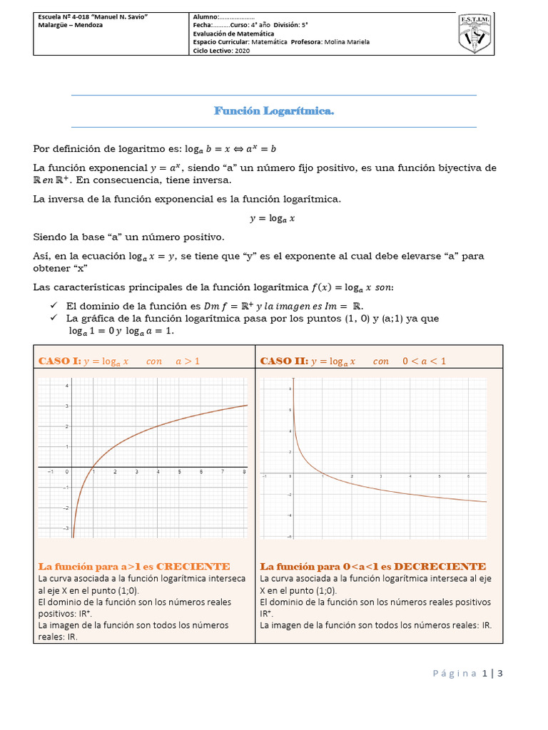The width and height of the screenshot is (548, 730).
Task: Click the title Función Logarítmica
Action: click(x=274, y=111)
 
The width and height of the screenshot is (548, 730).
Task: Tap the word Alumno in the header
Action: click(x=205, y=16)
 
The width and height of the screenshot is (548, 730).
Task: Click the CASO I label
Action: click(x=59, y=361)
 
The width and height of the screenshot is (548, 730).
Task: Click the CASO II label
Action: click(x=283, y=361)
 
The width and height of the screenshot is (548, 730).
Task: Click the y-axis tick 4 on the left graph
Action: click(x=67, y=386)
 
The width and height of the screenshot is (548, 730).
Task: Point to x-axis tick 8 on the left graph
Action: click(x=244, y=472)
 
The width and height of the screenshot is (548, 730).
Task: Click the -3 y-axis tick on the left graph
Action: click(x=66, y=528)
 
